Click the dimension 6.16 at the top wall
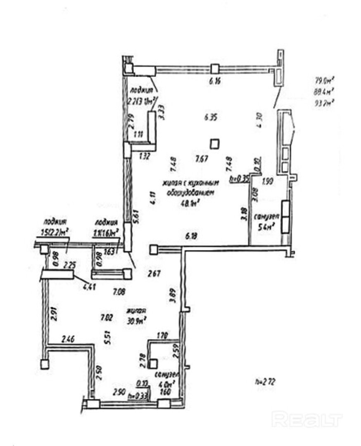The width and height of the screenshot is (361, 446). click(215, 81)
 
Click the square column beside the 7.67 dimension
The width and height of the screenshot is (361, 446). click(215, 144)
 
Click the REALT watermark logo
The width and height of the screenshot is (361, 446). click(307, 419)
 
